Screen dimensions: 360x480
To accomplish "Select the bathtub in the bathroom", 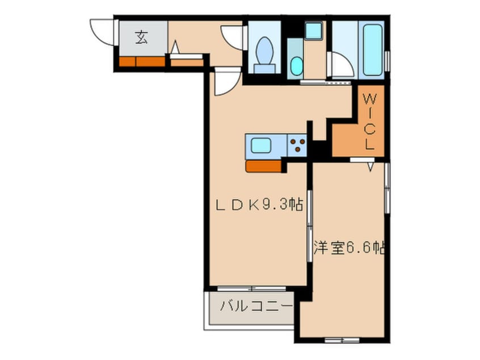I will click(372, 49).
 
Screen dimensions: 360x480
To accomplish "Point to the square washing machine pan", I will click(313, 31).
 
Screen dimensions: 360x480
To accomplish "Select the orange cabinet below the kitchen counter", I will click(264, 166).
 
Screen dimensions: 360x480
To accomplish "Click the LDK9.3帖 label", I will click(258, 206).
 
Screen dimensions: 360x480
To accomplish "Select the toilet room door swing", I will click(233, 37).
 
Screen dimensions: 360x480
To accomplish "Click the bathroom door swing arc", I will click(343, 64).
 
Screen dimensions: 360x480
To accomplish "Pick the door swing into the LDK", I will click(225, 83).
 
